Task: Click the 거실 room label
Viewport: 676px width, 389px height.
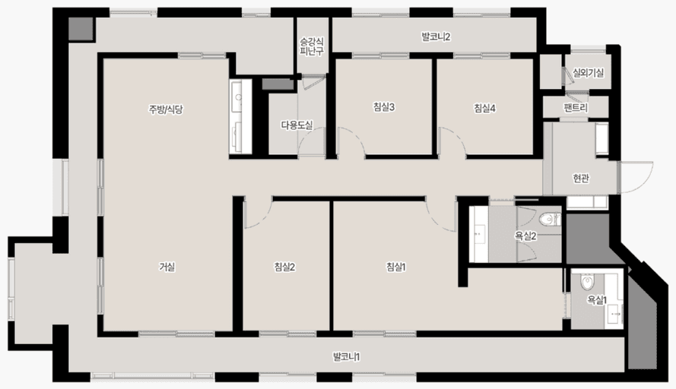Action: (167, 267)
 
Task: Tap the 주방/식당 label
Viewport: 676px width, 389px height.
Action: (166, 109)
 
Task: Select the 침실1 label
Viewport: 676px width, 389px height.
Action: (395, 267)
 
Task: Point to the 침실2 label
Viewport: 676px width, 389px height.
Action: (284, 267)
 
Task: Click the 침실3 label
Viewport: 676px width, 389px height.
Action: (384, 107)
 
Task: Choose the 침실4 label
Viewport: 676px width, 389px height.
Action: (484, 108)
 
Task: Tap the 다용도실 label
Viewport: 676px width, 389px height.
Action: (297, 125)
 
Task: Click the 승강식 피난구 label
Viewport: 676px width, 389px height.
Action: (312, 46)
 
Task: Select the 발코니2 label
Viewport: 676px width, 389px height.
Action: (436, 37)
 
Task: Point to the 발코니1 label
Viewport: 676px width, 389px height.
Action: (346, 356)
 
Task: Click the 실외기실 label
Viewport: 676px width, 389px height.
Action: (588, 73)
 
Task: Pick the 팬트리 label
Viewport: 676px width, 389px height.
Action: (576, 107)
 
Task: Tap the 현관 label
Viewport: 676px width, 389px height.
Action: (581, 178)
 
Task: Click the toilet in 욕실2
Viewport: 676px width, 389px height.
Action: (549, 220)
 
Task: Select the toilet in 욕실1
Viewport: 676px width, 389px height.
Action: (587, 282)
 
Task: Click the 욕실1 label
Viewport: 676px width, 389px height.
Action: (597, 300)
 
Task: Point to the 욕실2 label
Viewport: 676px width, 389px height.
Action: (525, 236)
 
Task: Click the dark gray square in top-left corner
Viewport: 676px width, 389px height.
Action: (81, 30)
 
